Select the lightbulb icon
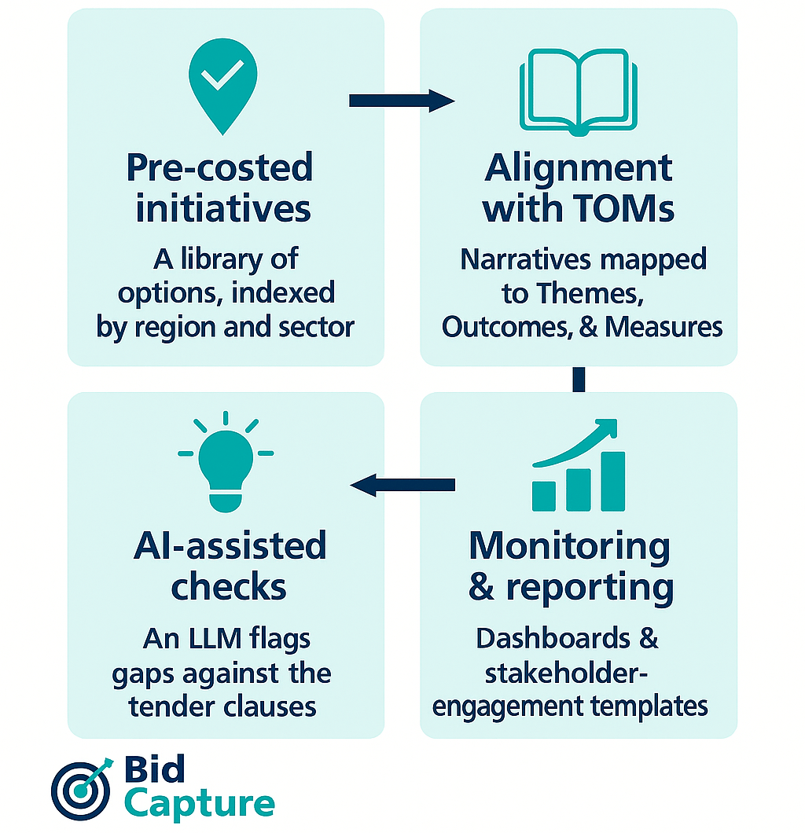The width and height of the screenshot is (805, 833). (x=226, y=463)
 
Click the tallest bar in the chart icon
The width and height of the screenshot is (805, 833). (x=612, y=480)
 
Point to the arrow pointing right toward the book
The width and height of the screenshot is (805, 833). (x=401, y=100)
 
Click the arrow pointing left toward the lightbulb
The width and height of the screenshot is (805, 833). (x=402, y=485)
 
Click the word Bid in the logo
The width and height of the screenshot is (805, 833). (x=154, y=770)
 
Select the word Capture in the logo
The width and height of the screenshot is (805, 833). (x=200, y=804)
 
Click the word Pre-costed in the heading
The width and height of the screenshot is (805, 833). (x=219, y=167)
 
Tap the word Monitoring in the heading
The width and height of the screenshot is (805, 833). (x=569, y=546)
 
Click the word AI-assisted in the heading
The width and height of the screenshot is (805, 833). (x=229, y=546)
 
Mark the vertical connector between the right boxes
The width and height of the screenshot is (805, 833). (x=579, y=379)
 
